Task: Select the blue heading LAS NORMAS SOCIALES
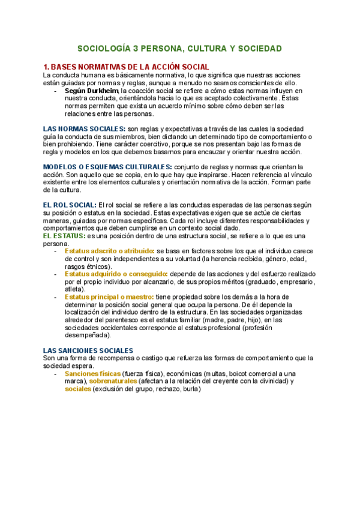pos(84,129)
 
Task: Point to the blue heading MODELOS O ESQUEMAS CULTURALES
pos(107,166)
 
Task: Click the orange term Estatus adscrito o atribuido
pos(109,250)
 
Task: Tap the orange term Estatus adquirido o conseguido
pos(116,274)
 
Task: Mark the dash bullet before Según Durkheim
pos(55,90)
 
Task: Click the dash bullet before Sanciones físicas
pos(55,373)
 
